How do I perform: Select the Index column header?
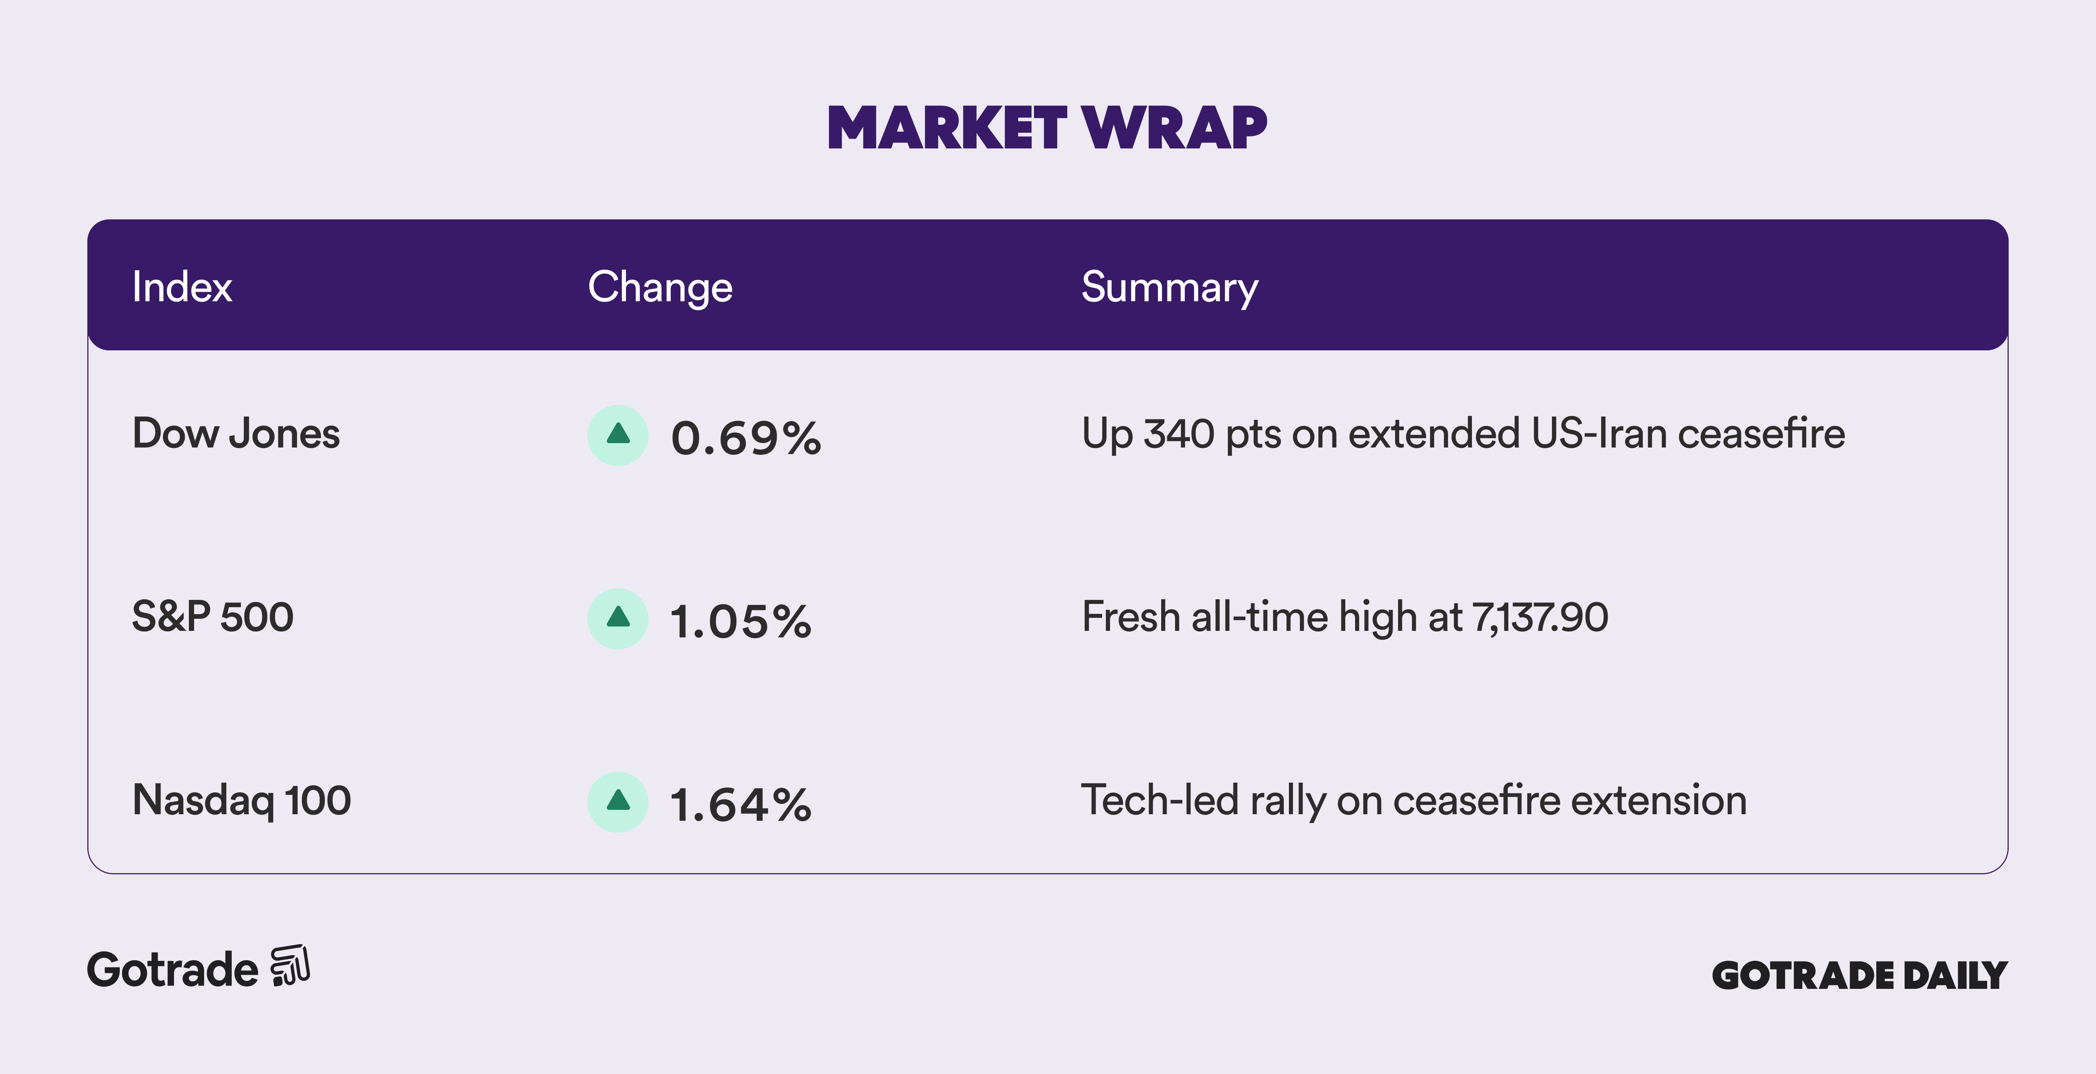[x=182, y=287]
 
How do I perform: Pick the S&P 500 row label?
[x=213, y=617]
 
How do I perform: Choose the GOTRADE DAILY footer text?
[x=1860, y=975]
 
